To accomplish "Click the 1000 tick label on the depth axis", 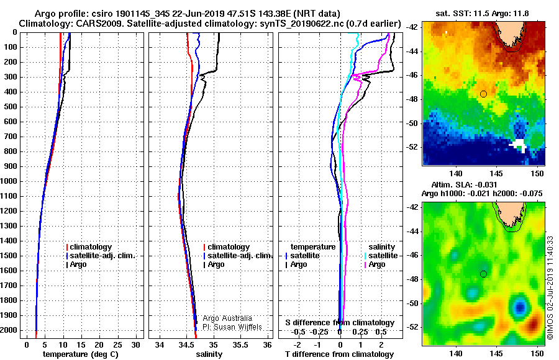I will [x=11, y=181].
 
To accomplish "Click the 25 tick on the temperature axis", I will [x=117, y=344].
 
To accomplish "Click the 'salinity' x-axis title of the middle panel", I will [x=209, y=354].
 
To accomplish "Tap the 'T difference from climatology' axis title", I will [x=340, y=354].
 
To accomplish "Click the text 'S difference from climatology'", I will [x=340, y=323].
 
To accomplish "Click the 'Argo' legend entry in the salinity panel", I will [x=216, y=264].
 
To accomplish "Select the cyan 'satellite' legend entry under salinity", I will [x=383, y=256].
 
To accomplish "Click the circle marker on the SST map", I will [x=483, y=94].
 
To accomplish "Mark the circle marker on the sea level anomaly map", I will [x=483, y=274].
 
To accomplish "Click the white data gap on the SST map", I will [x=519, y=145].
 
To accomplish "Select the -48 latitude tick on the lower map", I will [x=414, y=279].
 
